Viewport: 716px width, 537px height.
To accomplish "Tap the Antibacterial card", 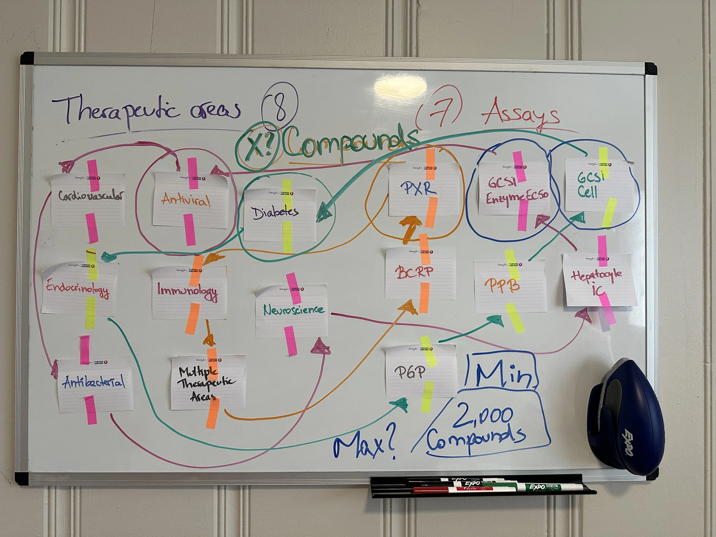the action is click(x=95, y=383).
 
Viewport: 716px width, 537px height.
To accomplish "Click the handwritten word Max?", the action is click(x=366, y=445).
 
